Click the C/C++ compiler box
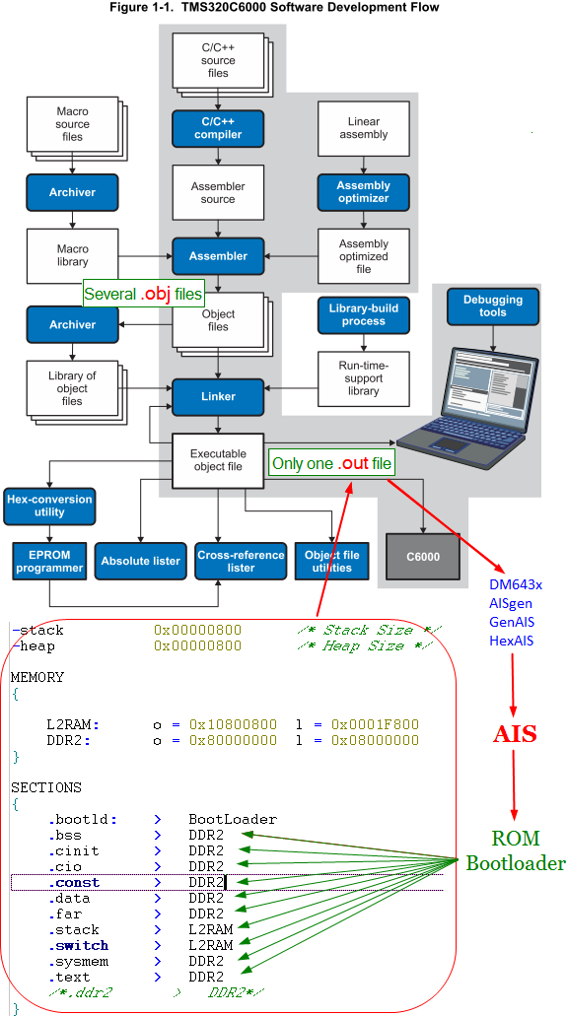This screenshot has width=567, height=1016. (x=218, y=128)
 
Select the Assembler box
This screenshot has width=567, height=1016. (x=218, y=256)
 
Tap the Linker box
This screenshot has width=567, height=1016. (x=218, y=396)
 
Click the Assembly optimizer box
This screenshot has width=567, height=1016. (x=363, y=192)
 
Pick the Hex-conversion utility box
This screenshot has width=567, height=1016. (x=49, y=507)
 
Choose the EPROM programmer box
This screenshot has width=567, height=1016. (x=49, y=561)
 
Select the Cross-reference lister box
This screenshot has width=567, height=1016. (x=241, y=561)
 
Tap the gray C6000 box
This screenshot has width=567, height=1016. (x=423, y=556)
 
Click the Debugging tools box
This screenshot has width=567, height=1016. (x=493, y=306)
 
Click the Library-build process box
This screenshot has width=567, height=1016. (x=363, y=315)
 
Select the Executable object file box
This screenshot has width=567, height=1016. (x=218, y=461)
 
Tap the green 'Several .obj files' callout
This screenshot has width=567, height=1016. (x=144, y=295)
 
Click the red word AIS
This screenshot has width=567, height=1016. (x=515, y=734)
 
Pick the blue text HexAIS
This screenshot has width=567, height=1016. (x=511, y=641)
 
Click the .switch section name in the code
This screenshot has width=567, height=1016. (x=78, y=945)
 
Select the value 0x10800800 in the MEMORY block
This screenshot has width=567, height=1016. (x=233, y=724)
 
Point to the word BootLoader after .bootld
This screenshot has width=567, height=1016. (x=233, y=819)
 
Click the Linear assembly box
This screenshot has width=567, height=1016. (x=363, y=128)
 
